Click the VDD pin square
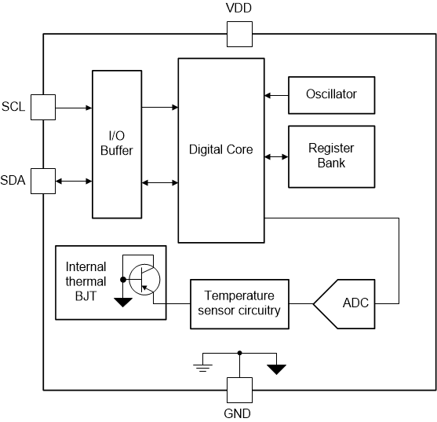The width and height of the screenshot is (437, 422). click(x=239, y=34)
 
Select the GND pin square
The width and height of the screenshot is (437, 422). click(x=239, y=391)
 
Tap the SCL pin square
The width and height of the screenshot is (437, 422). click(x=43, y=107)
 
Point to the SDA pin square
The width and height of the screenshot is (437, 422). click(x=43, y=181)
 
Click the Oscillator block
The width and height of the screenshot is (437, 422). click(x=332, y=95)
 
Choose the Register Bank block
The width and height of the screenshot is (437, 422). click(x=332, y=156)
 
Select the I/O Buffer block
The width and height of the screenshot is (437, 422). click(x=117, y=145)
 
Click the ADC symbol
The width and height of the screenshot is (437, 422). click(x=344, y=304)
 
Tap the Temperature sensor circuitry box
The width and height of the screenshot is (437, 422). click(x=239, y=304)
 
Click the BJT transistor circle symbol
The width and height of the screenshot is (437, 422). click(x=144, y=280)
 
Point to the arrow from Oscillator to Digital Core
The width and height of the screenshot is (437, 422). click(x=276, y=96)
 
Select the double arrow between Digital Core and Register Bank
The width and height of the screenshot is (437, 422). click(x=276, y=157)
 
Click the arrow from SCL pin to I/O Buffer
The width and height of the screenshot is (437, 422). click(x=74, y=108)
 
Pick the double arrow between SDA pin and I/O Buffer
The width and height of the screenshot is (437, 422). click(x=74, y=182)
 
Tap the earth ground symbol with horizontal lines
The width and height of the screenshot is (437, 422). click(x=203, y=368)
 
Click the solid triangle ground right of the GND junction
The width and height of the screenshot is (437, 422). click(x=276, y=369)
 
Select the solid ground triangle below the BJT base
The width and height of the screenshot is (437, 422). click(x=123, y=302)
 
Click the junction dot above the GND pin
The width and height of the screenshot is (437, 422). click(x=239, y=353)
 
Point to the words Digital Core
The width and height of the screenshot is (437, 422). click(x=221, y=149)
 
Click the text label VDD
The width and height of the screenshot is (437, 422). click(x=239, y=8)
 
